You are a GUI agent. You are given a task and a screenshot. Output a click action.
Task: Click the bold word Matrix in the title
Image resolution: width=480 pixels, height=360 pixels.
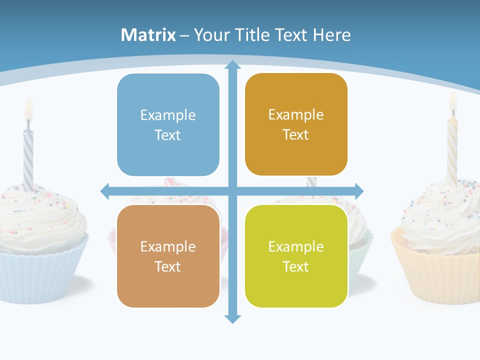[148, 35]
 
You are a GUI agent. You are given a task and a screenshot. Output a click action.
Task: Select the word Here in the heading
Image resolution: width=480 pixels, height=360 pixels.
[331, 35]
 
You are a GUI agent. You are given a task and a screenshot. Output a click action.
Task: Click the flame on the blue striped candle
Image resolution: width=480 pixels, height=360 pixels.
[28, 109]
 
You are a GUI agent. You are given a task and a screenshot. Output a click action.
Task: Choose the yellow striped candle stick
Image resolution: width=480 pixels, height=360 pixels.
[452, 150]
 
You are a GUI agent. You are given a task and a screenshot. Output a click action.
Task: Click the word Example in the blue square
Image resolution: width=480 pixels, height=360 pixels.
[168, 115]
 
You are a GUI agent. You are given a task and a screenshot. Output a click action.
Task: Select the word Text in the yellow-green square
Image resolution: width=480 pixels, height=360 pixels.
[296, 266]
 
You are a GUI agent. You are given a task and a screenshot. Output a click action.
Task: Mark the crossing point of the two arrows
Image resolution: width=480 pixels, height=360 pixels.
[232, 190]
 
